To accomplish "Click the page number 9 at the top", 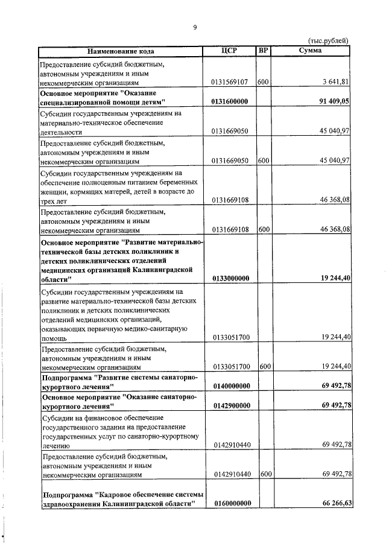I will click(195, 27).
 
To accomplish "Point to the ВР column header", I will click(263, 51).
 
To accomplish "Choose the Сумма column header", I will click(311, 51).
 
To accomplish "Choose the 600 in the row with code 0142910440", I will click(263, 474).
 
